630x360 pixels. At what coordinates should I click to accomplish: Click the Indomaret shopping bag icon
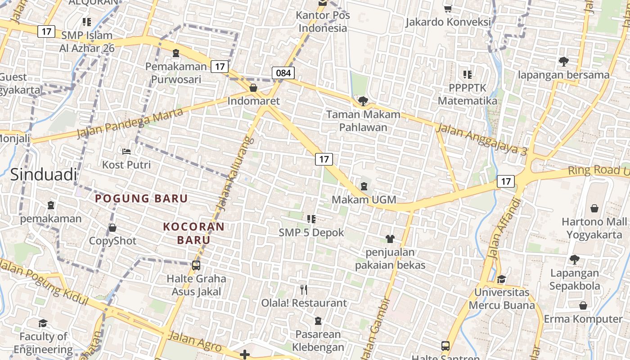253,88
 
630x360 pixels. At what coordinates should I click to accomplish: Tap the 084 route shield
283,73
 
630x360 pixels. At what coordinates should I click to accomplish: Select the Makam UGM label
364,199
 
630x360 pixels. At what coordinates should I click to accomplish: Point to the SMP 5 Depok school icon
311,219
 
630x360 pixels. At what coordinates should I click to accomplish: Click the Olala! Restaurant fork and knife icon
304,289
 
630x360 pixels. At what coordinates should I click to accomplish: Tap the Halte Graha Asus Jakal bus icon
196,265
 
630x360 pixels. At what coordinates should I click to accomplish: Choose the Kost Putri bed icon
126,151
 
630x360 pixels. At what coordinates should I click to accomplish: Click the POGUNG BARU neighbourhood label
141,198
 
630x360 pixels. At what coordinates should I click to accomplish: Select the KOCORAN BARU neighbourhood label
193,233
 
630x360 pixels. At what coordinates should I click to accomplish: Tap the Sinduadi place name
43,175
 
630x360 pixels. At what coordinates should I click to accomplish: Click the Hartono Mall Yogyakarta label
594,228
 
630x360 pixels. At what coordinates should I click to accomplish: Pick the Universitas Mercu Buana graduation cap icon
501,279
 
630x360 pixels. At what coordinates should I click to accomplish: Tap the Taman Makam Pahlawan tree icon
363,101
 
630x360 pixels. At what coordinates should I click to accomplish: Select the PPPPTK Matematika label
468,94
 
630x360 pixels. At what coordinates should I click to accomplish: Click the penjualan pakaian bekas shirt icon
390,238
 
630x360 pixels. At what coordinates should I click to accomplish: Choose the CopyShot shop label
112,241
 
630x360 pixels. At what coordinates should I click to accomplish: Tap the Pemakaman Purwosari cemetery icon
175,53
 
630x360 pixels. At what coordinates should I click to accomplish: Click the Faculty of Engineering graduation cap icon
43,323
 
